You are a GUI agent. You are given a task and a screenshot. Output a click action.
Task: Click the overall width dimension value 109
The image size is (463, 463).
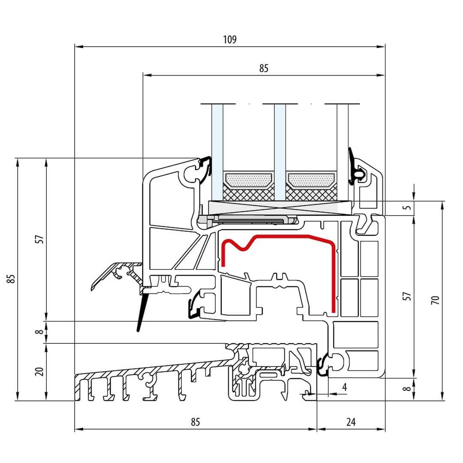tap(230, 39)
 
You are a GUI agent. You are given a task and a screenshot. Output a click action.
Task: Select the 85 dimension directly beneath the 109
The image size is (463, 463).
tap(264, 69)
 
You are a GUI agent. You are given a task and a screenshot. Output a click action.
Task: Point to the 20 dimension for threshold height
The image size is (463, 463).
tap(40, 371)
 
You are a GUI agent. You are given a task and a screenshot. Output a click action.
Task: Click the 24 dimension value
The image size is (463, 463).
tap(351, 422)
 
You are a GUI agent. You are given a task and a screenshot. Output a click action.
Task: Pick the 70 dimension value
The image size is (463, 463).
tap(436, 300)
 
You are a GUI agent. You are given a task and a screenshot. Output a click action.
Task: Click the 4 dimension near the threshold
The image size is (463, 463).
tap(344, 387)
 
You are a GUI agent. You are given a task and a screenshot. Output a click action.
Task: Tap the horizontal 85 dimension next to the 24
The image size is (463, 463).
tap(195, 422)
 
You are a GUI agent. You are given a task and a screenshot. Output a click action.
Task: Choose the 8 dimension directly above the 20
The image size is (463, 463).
tap(40, 332)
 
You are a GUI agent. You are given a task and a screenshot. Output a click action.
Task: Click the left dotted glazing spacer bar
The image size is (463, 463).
tap(249, 180)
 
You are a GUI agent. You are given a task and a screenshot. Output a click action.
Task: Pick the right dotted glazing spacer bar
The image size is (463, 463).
tap(311, 180)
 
